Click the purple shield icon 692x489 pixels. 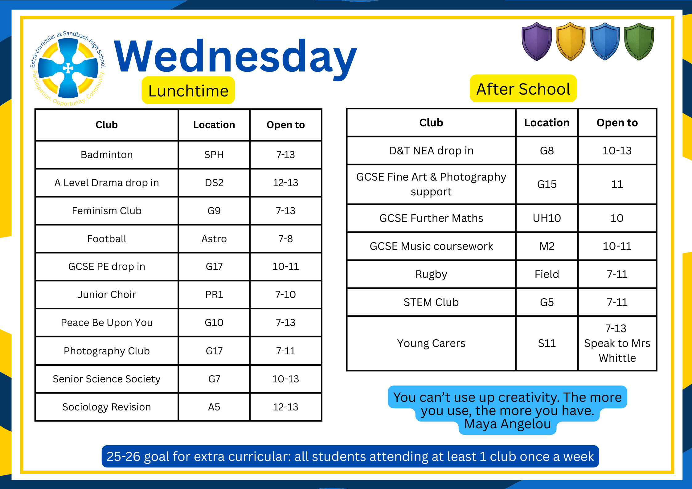[x=537, y=41]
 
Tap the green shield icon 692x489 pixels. [x=639, y=41]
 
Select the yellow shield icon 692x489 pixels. [x=571, y=41]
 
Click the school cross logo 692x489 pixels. [x=68, y=68]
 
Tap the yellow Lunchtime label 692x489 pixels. [x=188, y=91]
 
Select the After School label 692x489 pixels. [x=523, y=89]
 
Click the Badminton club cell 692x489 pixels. [x=107, y=155]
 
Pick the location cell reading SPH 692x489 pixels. [x=214, y=155]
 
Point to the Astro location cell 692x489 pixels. [x=214, y=239]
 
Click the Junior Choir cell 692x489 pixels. [x=107, y=295]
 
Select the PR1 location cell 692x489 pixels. [x=214, y=295]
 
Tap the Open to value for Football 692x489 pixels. [x=285, y=239]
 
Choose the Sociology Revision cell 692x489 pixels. [x=107, y=407]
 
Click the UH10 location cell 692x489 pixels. [x=547, y=218]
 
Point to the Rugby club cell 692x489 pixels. [x=431, y=274]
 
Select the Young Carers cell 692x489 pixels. [x=431, y=343]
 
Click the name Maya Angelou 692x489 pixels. [x=507, y=424]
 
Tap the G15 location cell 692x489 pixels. [x=547, y=184]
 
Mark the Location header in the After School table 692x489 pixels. [x=547, y=123]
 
